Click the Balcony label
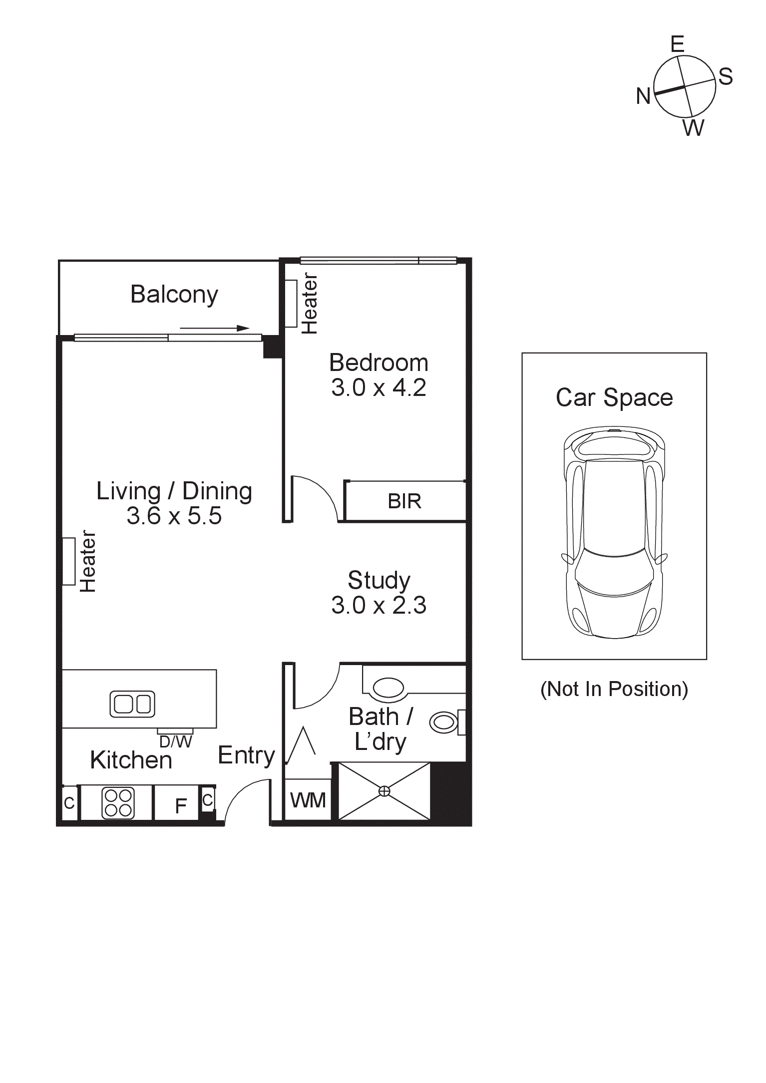(174, 295)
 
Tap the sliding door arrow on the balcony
(214, 328)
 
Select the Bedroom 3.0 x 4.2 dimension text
(379, 388)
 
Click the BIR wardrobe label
(404, 501)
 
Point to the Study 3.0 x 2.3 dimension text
(379, 606)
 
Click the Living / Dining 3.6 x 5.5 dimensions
(174, 516)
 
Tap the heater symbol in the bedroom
(291, 304)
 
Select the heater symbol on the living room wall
(68, 561)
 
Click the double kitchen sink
(132, 704)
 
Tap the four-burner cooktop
(118, 802)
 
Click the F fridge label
(181, 805)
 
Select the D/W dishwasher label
(175, 742)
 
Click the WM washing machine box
(308, 800)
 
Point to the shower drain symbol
(384, 791)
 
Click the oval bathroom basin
(388, 688)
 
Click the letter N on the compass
(643, 96)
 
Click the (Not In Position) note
(614, 689)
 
